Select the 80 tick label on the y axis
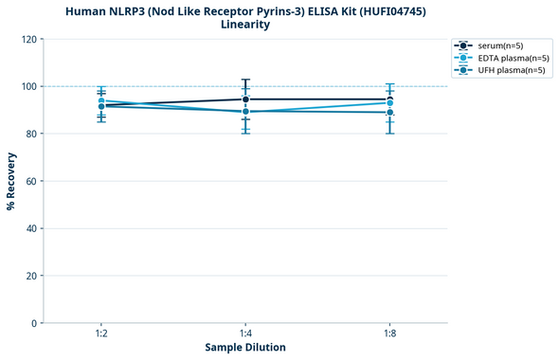click(30, 134)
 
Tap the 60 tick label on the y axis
click(30, 181)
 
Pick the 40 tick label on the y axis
click(30, 228)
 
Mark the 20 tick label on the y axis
click(30, 276)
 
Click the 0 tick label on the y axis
click(33, 323)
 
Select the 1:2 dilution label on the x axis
click(101, 334)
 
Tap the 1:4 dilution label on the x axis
click(245, 334)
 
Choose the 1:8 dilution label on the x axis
click(389, 334)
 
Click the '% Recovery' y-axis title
click(11, 181)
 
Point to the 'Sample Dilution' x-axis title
click(245, 348)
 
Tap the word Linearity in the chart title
click(244, 25)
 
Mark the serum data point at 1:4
click(245, 99)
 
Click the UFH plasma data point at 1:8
click(389, 113)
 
